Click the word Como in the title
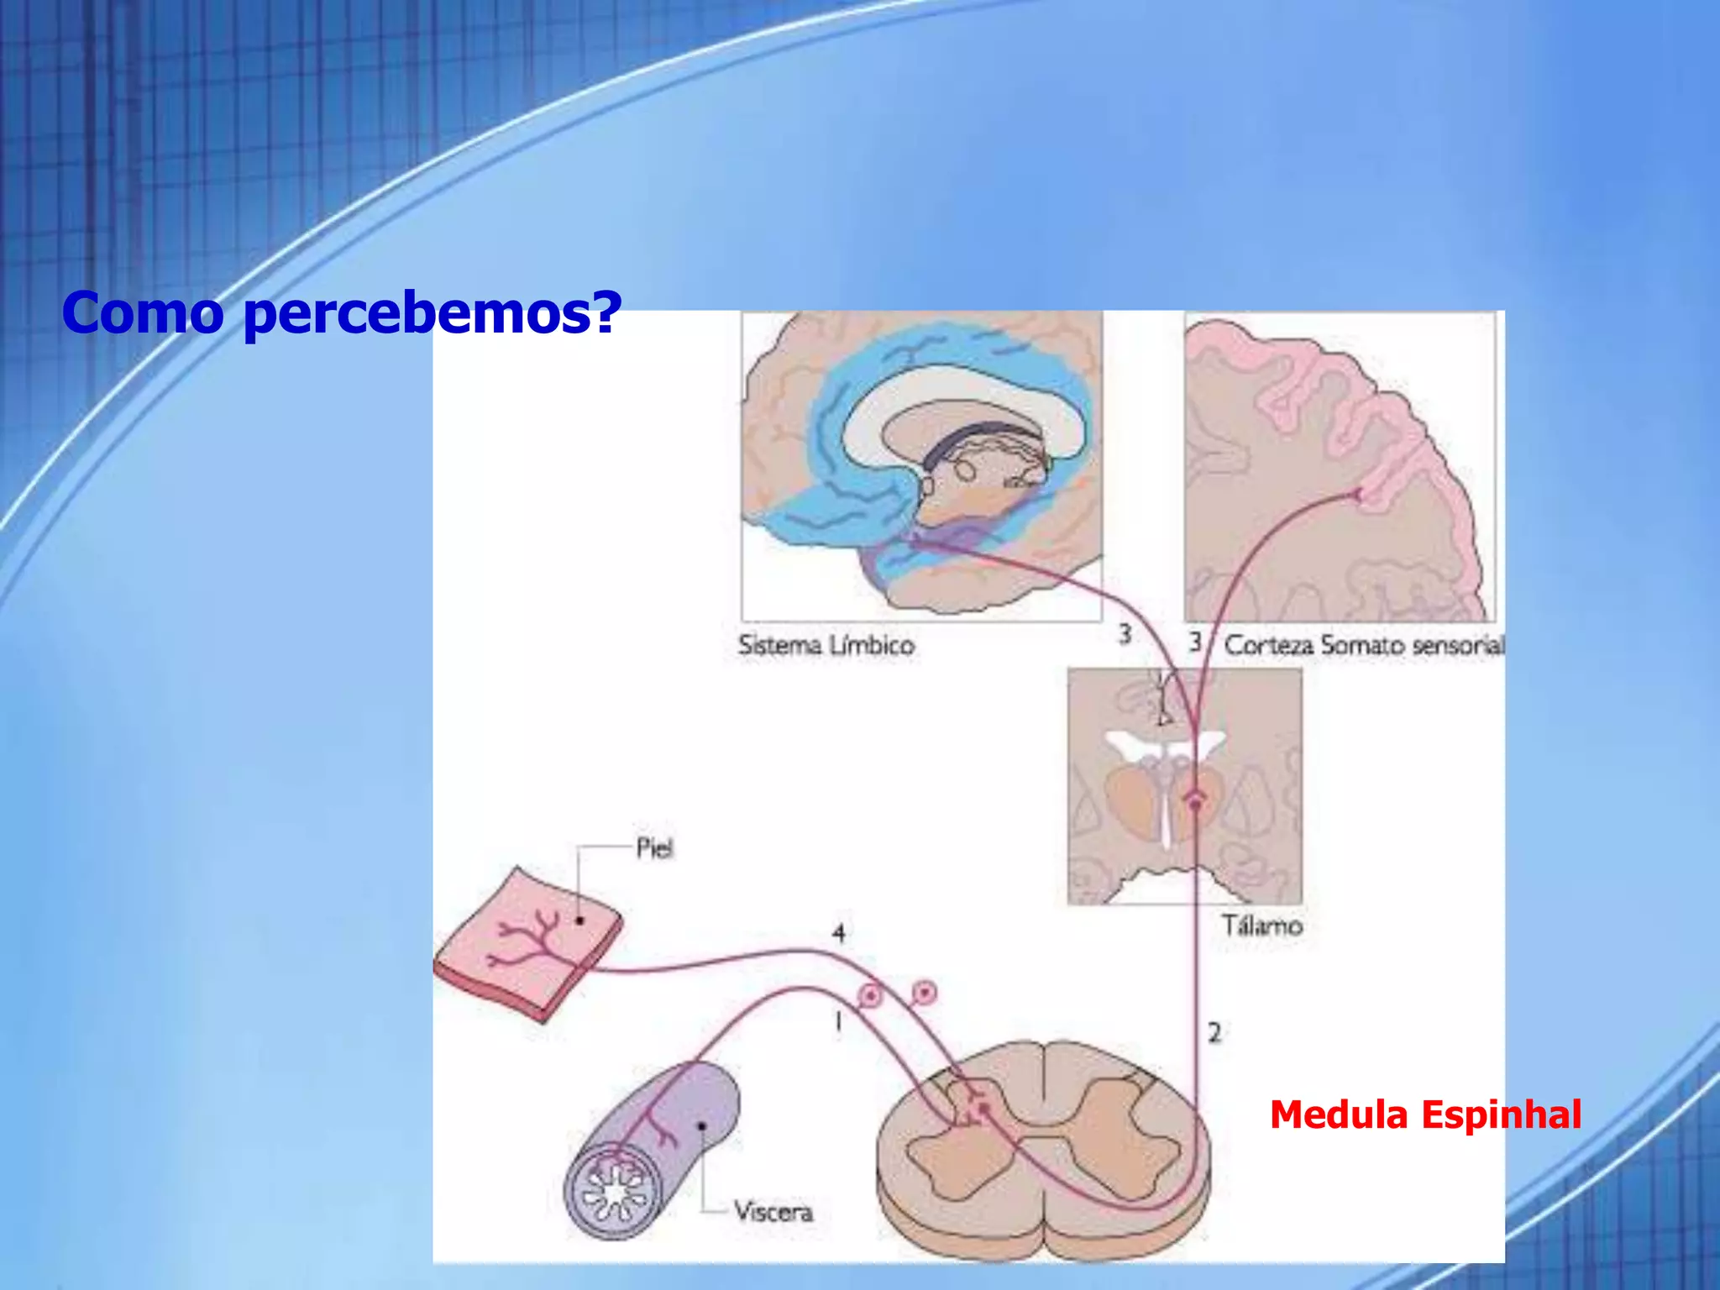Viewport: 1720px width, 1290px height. [143, 312]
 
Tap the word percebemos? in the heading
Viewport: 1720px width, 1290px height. [432, 314]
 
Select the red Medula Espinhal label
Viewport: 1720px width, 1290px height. [1425, 1115]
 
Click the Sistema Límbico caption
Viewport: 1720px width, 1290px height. [826, 645]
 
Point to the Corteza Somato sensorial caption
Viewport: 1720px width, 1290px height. [1363, 645]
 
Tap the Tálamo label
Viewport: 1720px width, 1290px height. [1261, 926]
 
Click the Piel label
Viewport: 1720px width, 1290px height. [654, 848]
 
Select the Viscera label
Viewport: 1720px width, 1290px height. [773, 1211]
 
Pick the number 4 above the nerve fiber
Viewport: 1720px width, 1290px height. [838, 933]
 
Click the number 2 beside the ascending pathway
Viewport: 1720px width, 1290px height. [1214, 1032]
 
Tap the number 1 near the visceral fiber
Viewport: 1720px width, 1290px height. [837, 1021]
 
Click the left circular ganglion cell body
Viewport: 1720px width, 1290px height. [871, 996]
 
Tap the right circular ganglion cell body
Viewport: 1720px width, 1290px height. [925, 994]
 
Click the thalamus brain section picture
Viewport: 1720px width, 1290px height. [1184, 786]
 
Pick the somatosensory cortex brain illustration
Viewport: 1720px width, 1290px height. [1340, 466]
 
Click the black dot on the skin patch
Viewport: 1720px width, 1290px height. [579, 920]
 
